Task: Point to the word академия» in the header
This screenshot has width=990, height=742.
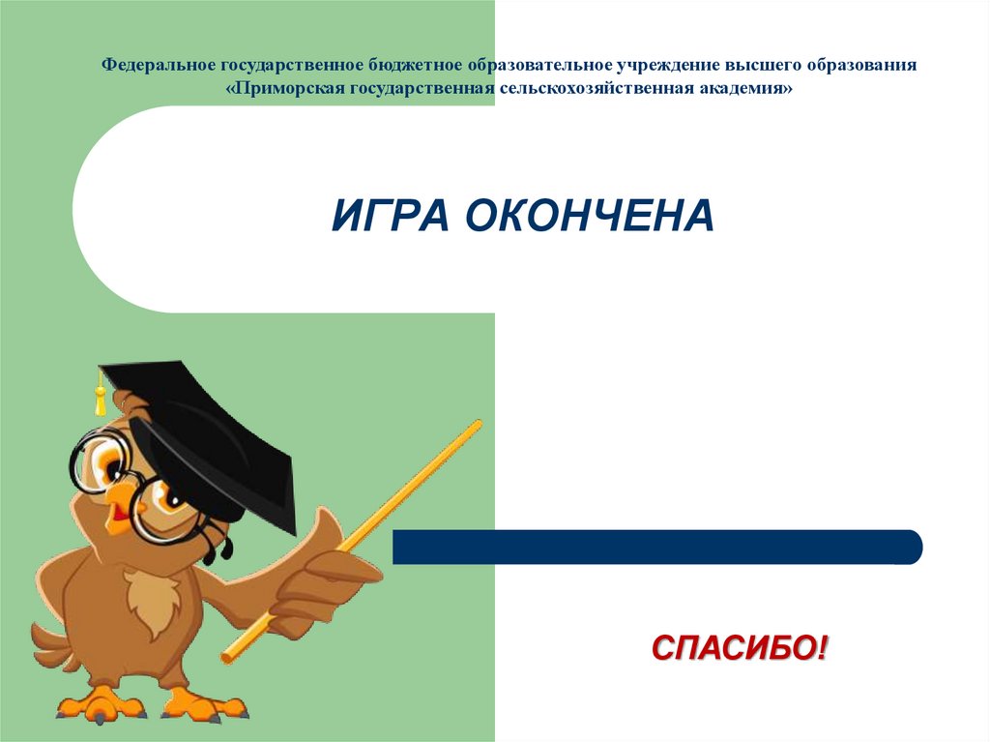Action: click(x=748, y=88)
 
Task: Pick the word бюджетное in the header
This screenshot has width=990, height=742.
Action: click(x=413, y=66)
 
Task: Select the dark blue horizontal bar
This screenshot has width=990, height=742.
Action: click(x=657, y=547)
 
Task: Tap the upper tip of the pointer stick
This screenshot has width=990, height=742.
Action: click(x=477, y=425)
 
